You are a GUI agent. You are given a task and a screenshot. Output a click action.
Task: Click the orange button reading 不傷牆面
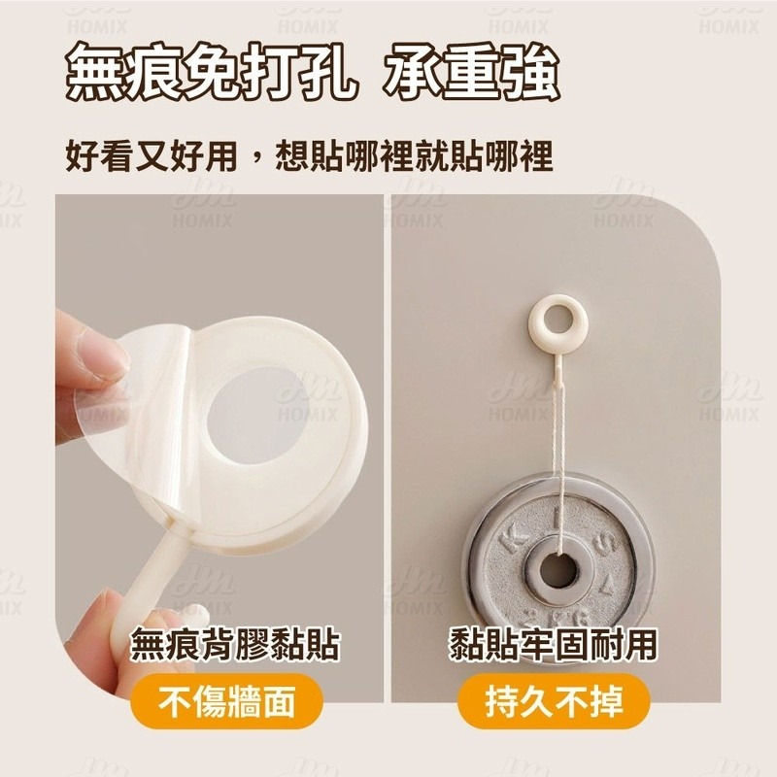(x=226, y=700)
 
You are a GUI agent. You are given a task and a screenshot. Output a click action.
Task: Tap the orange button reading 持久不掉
(x=553, y=700)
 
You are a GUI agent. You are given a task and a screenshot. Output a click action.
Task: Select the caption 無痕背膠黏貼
(x=235, y=645)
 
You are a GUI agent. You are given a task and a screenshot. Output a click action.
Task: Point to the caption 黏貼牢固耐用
(x=553, y=645)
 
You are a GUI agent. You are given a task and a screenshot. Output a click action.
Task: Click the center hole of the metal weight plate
(x=558, y=570)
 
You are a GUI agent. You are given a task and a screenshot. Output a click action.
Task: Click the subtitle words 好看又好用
(x=152, y=156)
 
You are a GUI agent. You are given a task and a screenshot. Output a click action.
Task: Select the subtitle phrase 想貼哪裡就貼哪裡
(x=415, y=156)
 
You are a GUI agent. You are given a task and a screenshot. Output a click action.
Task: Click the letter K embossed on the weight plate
(x=512, y=540)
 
